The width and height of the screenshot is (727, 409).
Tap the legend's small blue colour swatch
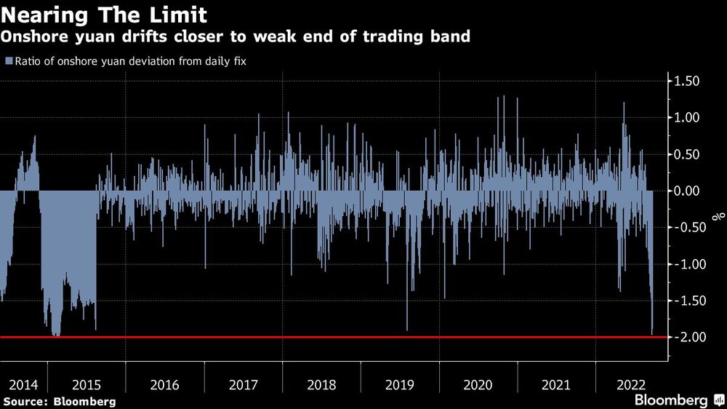point(9,61)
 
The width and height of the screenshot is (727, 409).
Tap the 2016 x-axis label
point(164,384)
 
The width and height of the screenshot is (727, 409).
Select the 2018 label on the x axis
point(322,384)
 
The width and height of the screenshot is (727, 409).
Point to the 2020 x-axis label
point(478,384)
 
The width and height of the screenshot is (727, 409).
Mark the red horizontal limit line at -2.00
point(363,337)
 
